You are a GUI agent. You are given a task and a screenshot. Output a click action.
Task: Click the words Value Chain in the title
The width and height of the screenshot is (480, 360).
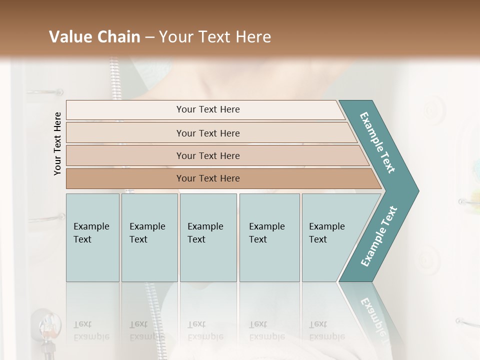[x=94, y=37]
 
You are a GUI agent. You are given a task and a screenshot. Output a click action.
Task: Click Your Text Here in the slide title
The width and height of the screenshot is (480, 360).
[x=215, y=37]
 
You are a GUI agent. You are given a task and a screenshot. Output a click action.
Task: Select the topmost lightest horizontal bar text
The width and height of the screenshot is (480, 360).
[x=208, y=109]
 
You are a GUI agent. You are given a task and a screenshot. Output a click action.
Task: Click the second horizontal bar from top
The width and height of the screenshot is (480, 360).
[x=208, y=133]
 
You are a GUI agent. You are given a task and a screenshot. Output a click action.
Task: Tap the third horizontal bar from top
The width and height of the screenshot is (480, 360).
[x=208, y=155]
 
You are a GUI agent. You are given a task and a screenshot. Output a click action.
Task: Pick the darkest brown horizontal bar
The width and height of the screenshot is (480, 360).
[x=208, y=178]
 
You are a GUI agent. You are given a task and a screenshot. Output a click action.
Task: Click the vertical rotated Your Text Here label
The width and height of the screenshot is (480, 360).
[x=57, y=143]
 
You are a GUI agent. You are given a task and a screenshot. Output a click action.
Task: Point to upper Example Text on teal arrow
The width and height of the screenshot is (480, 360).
[x=377, y=142]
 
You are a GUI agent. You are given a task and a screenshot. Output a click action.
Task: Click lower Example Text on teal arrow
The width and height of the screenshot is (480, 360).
[x=378, y=236]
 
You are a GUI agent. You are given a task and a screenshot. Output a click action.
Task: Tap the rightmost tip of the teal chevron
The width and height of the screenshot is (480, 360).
[x=417, y=190]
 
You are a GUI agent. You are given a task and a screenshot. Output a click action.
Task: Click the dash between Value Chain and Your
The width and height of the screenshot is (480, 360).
[x=149, y=37]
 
